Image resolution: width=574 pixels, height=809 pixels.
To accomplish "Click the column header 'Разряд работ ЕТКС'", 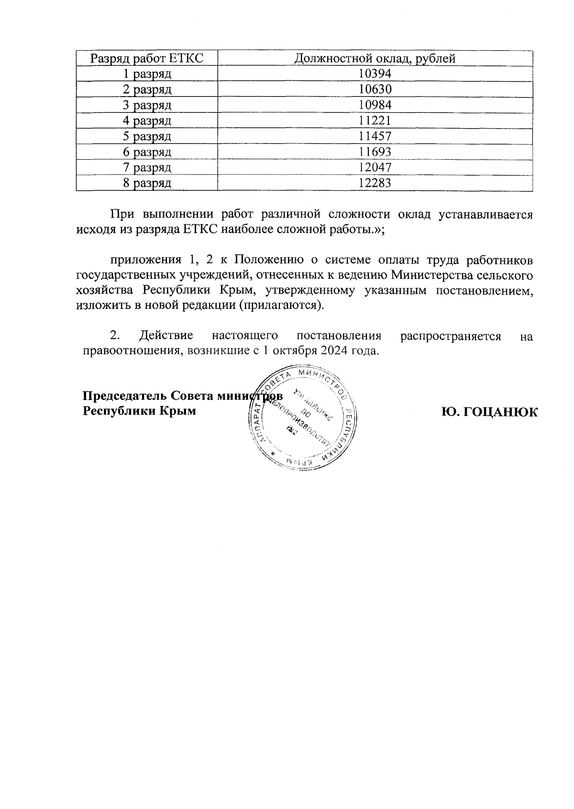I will pyautogui.click(x=147, y=58).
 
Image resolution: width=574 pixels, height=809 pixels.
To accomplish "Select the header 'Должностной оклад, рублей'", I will pyautogui.click(x=375, y=58).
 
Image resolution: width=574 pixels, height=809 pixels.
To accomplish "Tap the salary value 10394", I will pyautogui.click(x=375, y=74).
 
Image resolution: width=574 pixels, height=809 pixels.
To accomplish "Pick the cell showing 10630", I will pyautogui.click(x=375, y=89).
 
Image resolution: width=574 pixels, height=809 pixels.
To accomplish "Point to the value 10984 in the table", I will pyautogui.click(x=375, y=105).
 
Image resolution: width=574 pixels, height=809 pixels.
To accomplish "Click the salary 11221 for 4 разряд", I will pyautogui.click(x=375, y=120).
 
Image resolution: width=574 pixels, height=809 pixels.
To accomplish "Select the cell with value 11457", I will pyautogui.click(x=375, y=136).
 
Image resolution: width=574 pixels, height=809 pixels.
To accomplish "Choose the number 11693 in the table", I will pyautogui.click(x=375, y=152).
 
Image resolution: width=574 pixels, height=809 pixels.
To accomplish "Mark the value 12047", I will pyautogui.click(x=375, y=167).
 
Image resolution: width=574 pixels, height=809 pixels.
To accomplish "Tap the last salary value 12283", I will pyautogui.click(x=375, y=183).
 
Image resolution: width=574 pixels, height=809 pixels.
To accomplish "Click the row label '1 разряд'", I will pyautogui.click(x=147, y=74).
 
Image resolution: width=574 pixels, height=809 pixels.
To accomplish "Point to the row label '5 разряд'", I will pyautogui.click(x=147, y=137).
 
